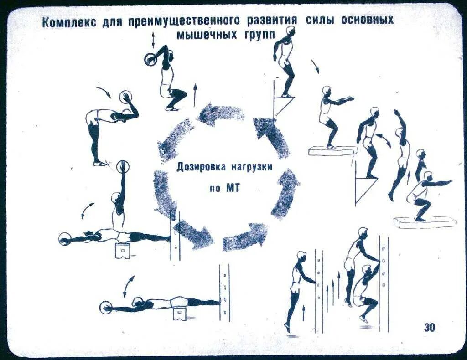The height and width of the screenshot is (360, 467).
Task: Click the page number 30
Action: pyautogui.click(x=429, y=327)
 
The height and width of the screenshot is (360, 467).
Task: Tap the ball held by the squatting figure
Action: pyautogui.click(x=150, y=59)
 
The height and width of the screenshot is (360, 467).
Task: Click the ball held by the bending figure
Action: pyautogui.click(x=126, y=98)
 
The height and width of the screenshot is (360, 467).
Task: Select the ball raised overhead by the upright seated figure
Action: pyautogui.click(x=123, y=166)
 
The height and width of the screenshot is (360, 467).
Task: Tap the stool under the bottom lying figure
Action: pyautogui.click(x=181, y=312)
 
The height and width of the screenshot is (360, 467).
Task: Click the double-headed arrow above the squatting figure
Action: pyautogui.click(x=153, y=40)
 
